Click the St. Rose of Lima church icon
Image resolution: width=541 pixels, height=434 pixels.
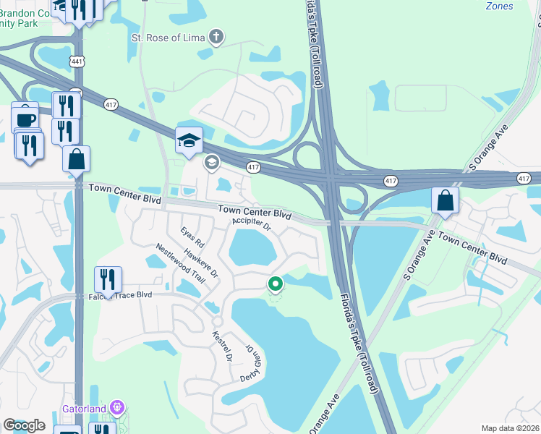215,36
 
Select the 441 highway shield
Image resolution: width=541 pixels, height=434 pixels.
78,62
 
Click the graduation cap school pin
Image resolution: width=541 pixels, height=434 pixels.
189,140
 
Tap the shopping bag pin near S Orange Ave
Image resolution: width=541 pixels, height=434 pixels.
446,200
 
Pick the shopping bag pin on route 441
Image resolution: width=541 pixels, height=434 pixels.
77,158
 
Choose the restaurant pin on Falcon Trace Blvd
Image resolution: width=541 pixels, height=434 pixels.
108,279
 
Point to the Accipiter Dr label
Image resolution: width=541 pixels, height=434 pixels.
252,226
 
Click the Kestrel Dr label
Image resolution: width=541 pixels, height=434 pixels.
220,346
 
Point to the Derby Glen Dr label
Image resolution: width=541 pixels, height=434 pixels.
250,363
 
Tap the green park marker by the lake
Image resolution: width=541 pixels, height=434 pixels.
275,284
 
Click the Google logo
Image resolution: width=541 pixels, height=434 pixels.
25,425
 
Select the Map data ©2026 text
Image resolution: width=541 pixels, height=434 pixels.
511,428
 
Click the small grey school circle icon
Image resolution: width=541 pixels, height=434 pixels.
211,161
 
